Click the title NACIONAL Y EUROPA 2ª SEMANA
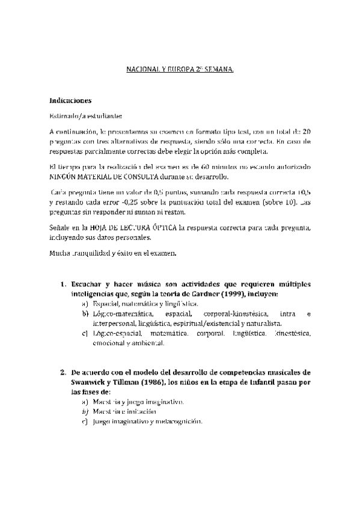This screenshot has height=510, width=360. point(180,70)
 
